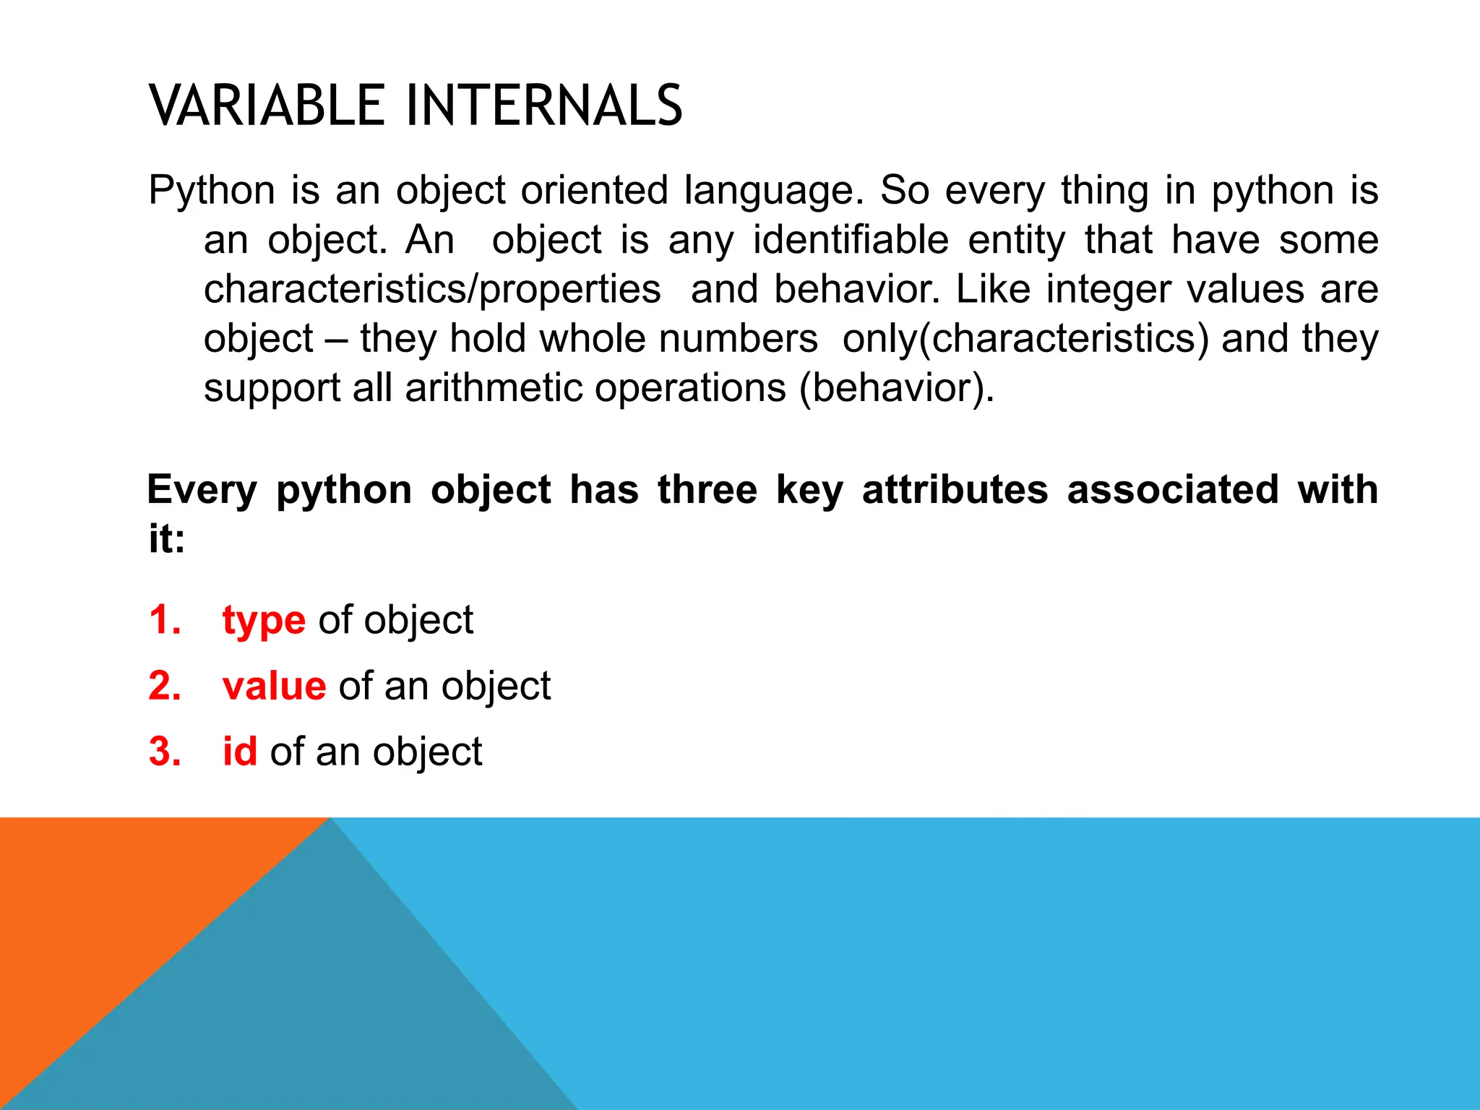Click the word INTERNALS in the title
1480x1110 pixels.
543,106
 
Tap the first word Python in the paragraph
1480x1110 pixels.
211,191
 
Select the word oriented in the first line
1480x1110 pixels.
594,191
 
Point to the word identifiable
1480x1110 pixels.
850,240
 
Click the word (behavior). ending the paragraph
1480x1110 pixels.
897,389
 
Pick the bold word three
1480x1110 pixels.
707,490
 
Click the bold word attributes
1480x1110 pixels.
955,490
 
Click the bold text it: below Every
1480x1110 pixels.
167,539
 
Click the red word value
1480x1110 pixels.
274,686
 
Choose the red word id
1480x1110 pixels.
239,752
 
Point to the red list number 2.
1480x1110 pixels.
164,686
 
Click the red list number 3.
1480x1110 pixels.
164,752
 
